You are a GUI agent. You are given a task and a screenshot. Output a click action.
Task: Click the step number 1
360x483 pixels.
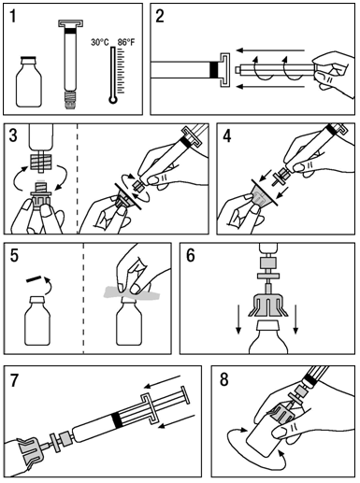pyautogui.click(x=13, y=16)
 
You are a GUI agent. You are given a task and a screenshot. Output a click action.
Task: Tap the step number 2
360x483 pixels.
pyautogui.click(x=160, y=16)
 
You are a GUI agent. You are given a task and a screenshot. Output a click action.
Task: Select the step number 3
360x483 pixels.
pyautogui.click(x=14, y=135)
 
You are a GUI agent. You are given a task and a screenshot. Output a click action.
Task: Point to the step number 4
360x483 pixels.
pyautogui.click(x=227, y=136)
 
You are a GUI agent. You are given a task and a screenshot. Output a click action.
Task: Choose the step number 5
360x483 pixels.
pyautogui.click(x=14, y=256)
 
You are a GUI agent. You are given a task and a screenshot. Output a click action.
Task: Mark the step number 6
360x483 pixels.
pyautogui.click(x=191, y=256)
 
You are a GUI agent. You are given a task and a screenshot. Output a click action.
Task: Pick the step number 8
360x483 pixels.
pyautogui.click(x=224, y=380)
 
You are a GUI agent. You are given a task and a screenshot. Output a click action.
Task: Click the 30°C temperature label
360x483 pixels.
pyautogui.click(x=100, y=42)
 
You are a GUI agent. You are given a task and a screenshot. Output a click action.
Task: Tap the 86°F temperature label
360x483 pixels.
pyautogui.click(x=126, y=42)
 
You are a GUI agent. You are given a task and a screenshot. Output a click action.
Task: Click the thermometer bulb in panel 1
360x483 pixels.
pyautogui.click(x=113, y=100)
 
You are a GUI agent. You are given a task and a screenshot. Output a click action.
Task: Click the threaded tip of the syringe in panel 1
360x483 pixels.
pyautogui.click(x=70, y=100)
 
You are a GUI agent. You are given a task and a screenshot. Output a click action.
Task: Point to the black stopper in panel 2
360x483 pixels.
pyautogui.click(x=214, y=70)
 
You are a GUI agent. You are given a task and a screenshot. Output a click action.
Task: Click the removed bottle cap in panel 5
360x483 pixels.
pyautogui.click(x=34, y=278)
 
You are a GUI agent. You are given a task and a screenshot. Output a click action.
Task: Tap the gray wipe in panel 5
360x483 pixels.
pyautogui.click(x=132, y=292)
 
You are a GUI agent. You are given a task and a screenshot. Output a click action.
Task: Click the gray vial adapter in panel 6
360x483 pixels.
pyautogui.click(x=268, y=304)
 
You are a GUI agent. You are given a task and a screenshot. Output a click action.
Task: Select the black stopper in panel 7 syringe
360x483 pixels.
pyautogui.click(x=118, y=419)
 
